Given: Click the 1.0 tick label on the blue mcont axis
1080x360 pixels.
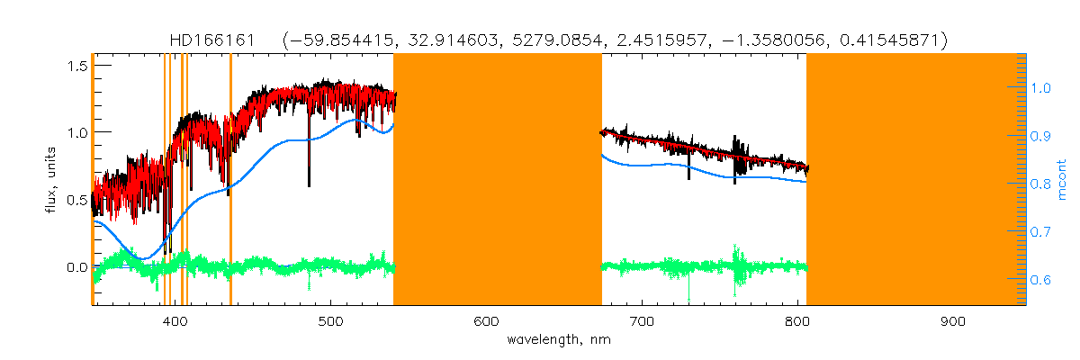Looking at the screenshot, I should pyautogui.click(x=1041, y=88).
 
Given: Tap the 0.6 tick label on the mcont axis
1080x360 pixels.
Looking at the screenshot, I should pyautogui.click(x=1041, y=280).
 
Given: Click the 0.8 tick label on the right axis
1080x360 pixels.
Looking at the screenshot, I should pyautogui.click(x=1041, y=184).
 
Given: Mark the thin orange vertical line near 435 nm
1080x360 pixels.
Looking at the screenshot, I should pyautogui.click(x=230, y=180).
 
